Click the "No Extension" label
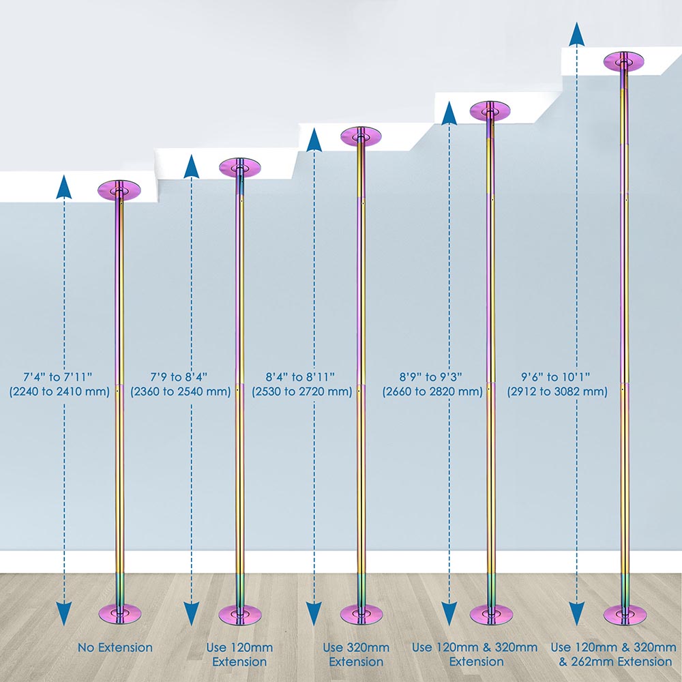(x=115, y=648)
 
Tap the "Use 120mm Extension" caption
(x=239, y=655)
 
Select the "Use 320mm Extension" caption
(x=356, y=655)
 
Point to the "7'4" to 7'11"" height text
(x=58, y=376)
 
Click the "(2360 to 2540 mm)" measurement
(x=181, y=391)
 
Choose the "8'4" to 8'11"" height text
(x=300, y=376)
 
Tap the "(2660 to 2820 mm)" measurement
(x=433, y=391)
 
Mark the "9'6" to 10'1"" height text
(x=555, y=376)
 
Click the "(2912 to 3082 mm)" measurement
(x=557, y=391)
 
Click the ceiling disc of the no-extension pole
(x=119, y=190)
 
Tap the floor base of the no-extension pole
(x=120, y=614)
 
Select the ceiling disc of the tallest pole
(x=624, y=61)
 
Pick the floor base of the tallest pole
(x=625, y=614)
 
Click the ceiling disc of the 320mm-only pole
(x=361, y=136)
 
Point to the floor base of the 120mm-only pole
(x=240, y=614)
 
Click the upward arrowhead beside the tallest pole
(x=577, y=34)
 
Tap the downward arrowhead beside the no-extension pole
(x=64, y=614)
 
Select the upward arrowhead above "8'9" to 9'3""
(x=449, y=113)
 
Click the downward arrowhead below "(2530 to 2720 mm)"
(x=314, y=614)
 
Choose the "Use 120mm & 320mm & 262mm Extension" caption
(x=614, y=655)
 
